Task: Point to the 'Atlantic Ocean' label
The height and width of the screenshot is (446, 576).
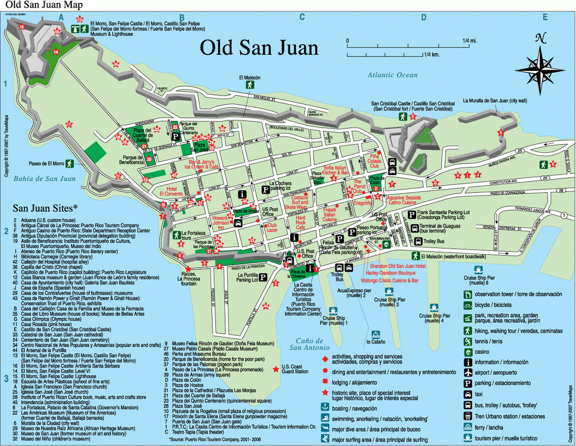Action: point(392,75)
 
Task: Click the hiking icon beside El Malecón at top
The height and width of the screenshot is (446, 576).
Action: point(249,85)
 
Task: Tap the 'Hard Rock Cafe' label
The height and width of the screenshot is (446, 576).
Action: point(301,224)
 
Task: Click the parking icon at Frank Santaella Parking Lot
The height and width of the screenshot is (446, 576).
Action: point(411,214)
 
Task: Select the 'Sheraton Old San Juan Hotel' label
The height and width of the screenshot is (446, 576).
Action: point(397,266)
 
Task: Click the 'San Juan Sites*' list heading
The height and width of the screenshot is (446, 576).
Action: point(42,207)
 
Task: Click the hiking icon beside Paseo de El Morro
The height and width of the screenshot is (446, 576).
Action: point(69,164)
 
